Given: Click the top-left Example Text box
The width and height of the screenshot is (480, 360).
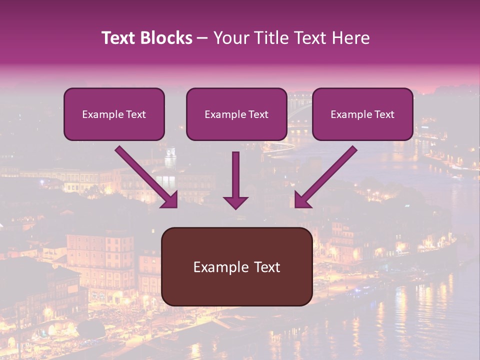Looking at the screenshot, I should (114, 114).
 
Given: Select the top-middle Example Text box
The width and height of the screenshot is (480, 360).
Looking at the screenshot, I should (236, 114).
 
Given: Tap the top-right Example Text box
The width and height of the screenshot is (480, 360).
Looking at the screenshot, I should (362, 114).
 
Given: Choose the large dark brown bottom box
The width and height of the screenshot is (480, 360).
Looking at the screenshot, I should (236, 266).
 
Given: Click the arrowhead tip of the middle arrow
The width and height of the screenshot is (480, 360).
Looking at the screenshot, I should (235, 207).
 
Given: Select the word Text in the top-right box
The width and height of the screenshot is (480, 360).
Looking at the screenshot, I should (384, 114).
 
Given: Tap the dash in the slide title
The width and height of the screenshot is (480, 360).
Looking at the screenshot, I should (202, 38).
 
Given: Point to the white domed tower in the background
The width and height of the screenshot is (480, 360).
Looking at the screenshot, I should (171, 157).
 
